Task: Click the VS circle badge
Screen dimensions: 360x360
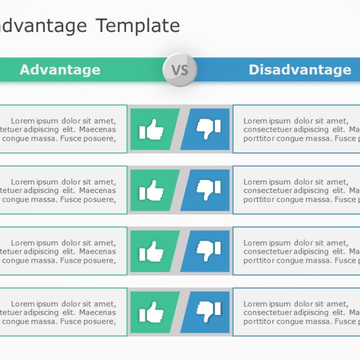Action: click(x=179, y=70)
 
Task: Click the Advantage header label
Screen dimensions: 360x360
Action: click(x=60, y=70)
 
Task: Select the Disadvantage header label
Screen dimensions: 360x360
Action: click(x=300, y=70)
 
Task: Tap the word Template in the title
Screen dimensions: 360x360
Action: click(x=138, y=25)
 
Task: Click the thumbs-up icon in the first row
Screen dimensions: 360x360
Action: click(x=151, y=129)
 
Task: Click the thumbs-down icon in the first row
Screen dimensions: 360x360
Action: click(x=208, y=129)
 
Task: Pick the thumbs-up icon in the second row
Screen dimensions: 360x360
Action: click(x=151, y=190)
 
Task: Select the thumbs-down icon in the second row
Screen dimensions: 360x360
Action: click(x=208, y=190)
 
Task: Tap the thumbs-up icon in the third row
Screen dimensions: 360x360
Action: click(x=151, y=251)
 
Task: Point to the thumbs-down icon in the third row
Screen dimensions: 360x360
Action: click(x=208, y=251)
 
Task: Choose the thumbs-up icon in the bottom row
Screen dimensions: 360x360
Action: click(x=151, y=312)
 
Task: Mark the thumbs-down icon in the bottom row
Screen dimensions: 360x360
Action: click(x=208, y=312)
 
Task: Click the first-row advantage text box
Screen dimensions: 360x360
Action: click(x=62, y=129)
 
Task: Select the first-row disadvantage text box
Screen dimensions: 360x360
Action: click(x=296, y=129)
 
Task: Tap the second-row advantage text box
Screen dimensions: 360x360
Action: click(x=62, y=190)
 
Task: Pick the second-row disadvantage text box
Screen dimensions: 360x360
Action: click(x=296, y=190)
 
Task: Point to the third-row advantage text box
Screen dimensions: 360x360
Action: click(x=62, y=251)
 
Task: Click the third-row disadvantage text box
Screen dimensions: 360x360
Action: click(x=296, y=251)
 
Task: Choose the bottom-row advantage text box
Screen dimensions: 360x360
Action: click(x=62, y=312)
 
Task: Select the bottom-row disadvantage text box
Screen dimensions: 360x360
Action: click(x=296, y=312)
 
